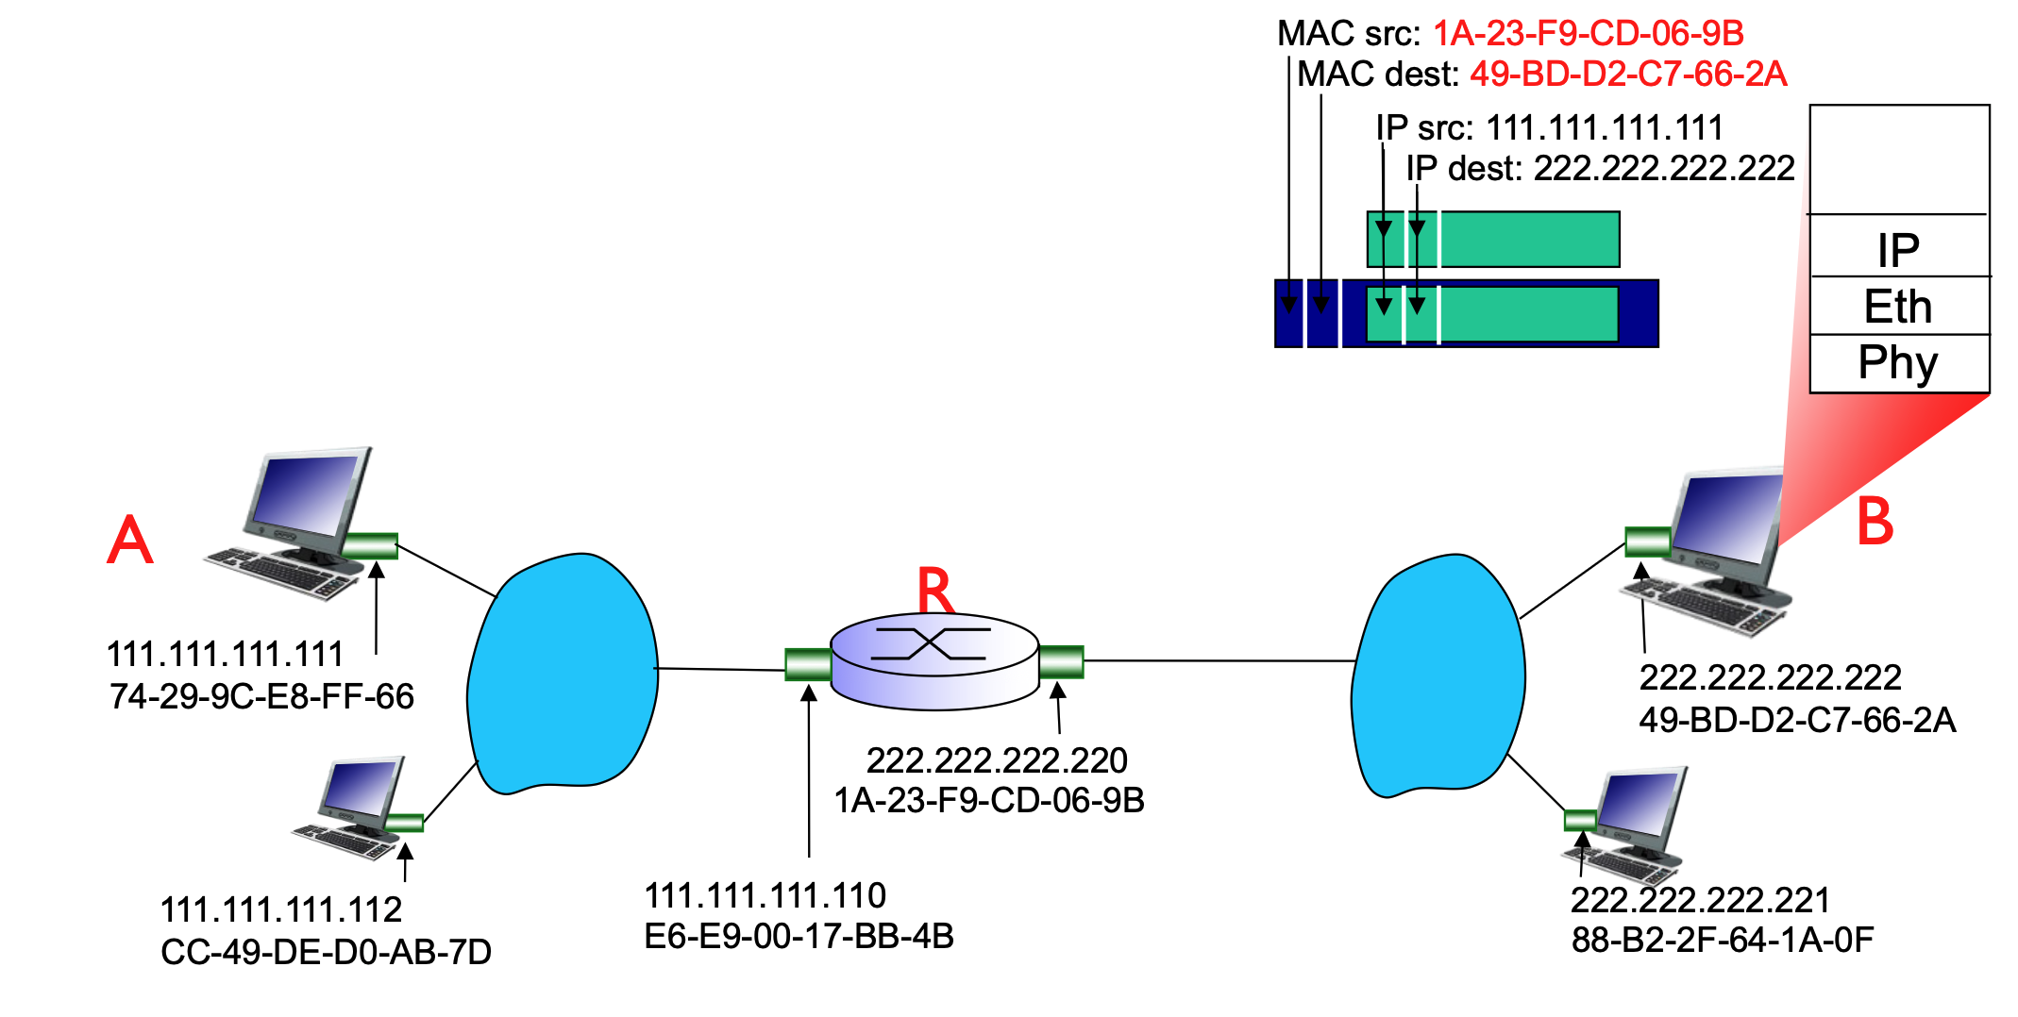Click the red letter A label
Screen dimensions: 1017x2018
[130, 540]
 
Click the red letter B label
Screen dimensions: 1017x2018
[1875, 522]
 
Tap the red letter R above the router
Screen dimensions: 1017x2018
[935, 592]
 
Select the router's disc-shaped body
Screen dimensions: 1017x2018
[934, 660]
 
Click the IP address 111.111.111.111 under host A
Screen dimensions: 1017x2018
[225, 654]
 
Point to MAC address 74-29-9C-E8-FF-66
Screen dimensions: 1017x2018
[261, 696]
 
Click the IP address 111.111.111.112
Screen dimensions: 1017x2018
[281, 909]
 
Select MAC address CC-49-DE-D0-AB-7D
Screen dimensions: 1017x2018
[326, 952]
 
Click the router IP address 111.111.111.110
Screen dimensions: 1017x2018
[765, 894]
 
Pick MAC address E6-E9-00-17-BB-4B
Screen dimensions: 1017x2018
[799, 936]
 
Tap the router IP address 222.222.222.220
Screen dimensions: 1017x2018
[997, 759]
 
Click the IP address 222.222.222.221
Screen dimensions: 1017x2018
[1700, 900]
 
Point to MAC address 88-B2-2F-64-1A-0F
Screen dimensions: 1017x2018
[1722, 940]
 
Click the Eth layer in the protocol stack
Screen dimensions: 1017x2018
[1898, 306]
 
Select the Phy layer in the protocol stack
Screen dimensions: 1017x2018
[1898, 362]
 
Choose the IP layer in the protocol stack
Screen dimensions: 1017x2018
[1898, 250]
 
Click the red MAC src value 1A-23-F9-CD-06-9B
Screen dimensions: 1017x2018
[1588, 34]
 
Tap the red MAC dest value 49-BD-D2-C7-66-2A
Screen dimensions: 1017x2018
[1628, 74]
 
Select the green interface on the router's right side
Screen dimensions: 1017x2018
[1061, 661]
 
